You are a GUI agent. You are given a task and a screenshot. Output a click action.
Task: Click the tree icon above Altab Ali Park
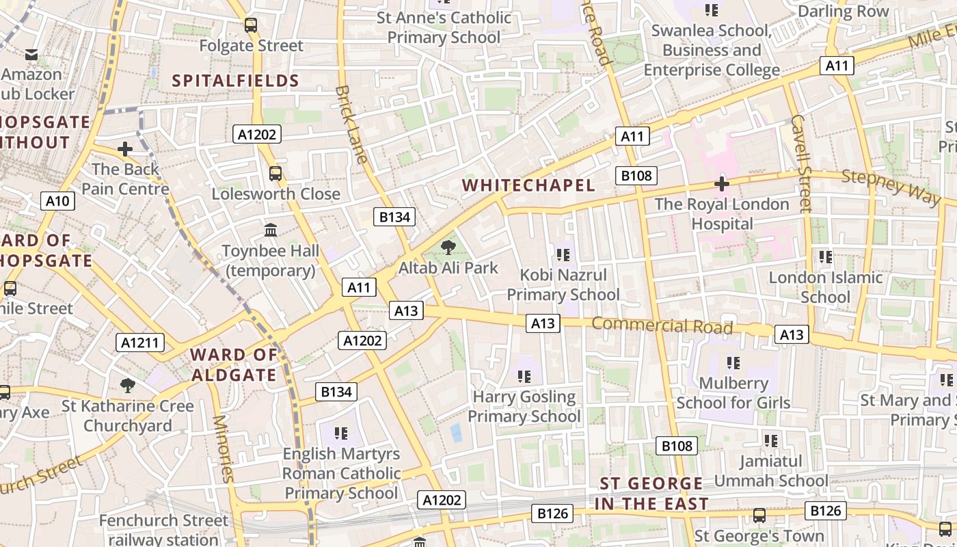pos(448,247)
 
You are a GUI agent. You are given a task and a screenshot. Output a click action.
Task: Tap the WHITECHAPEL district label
pos(528,185)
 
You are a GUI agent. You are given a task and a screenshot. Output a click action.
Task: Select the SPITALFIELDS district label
pos(236,81)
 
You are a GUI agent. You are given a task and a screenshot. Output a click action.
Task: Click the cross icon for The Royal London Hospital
pos(721,183)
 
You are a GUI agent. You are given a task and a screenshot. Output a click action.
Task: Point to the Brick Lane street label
pos(352,124)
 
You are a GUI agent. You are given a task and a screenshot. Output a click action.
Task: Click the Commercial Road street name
pos(662,325)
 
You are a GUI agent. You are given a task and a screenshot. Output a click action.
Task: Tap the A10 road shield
pos(57,201)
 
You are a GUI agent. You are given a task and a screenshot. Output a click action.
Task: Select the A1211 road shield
pos(140,343)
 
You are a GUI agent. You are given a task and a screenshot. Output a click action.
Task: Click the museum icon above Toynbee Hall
pos(271,230)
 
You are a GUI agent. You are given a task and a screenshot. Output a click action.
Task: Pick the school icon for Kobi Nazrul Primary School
pos(563,255)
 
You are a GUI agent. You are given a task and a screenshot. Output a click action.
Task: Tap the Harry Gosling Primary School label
pos(525,406)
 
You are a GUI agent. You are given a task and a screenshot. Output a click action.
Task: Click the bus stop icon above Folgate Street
pos(251,25)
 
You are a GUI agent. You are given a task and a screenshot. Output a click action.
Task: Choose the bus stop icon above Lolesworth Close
pos(275,173)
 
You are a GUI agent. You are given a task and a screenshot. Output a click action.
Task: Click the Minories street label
pos(224,449)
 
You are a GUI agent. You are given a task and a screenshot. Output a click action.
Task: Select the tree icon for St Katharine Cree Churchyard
pos(127,385)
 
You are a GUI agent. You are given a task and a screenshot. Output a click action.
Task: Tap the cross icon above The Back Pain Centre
pos(125,148)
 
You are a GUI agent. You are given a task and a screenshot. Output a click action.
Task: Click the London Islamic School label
pos(826,287)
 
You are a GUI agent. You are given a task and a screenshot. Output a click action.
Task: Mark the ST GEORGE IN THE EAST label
pos(651,494)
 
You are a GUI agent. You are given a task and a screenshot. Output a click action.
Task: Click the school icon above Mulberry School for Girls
pos(733,362)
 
